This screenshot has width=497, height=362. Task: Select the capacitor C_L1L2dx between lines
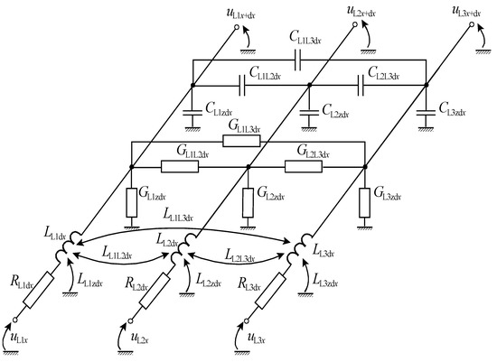click(x=243, y=88)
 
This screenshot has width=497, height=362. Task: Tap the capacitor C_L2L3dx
click(x=360, y=88)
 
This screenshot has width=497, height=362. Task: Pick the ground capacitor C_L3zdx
click(x=425, y=113)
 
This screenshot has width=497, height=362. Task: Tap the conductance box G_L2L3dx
click(x=303, y=167)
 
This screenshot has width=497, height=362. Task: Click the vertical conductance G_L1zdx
click(x=131, y=196)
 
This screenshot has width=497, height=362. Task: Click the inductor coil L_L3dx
click(x=300, y=245)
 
